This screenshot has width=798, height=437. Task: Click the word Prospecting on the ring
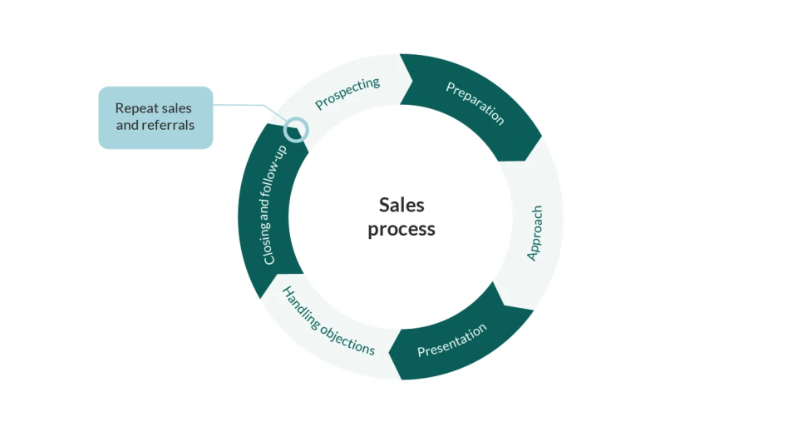(x=347, y=93)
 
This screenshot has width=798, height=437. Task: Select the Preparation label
(x=475, y=103)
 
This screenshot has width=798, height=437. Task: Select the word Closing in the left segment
(x=268, y=241)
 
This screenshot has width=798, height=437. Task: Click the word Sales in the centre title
(x=401, y=205)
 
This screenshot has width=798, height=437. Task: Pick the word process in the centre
(x=401, y=229)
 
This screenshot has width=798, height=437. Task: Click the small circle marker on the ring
(x=296, y=129)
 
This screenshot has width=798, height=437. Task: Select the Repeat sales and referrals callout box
(x=155, y=117)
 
